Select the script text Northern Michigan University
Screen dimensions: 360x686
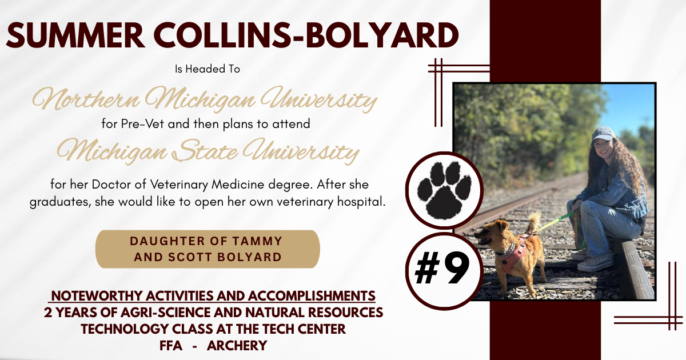(x=204, y=99)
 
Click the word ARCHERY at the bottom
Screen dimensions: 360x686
(x=237, y=346)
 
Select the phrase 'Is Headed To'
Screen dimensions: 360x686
(x=207, y=69)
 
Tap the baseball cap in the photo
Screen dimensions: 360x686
(x=602, y=134)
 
